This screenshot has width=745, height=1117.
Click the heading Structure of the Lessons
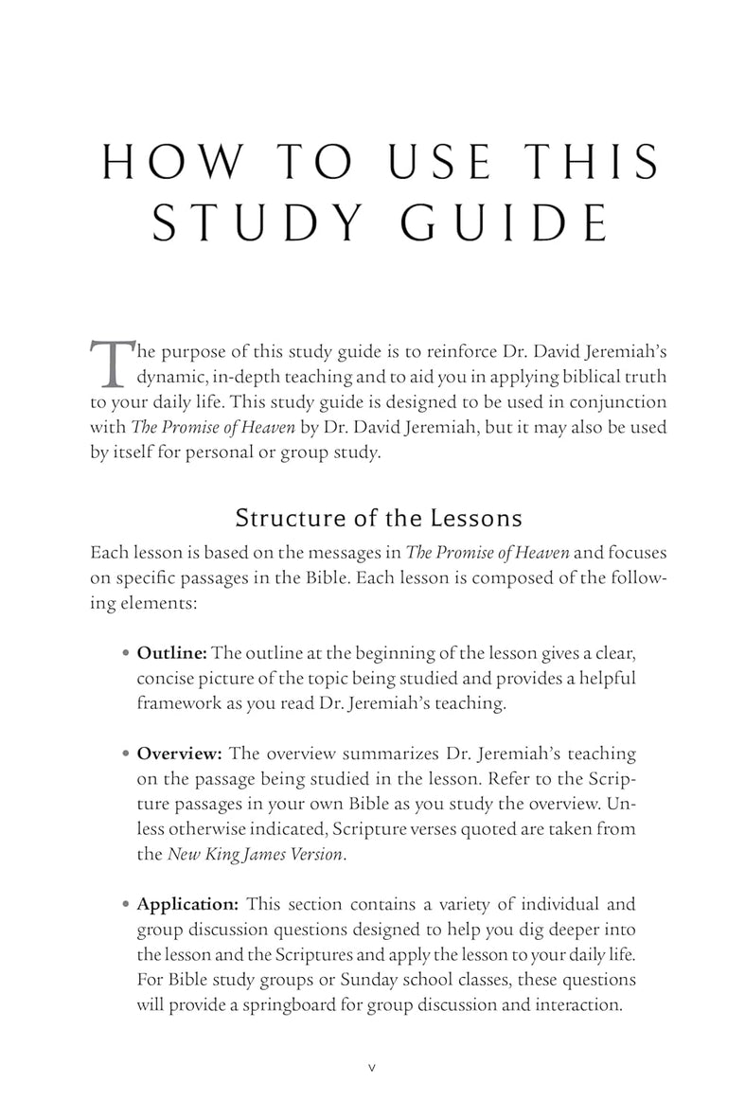pos(379,518)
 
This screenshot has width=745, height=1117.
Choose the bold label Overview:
pos(180,755)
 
